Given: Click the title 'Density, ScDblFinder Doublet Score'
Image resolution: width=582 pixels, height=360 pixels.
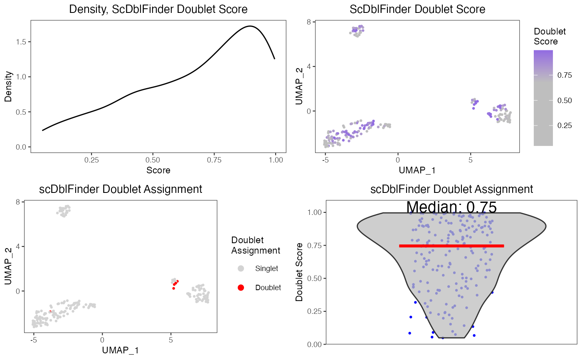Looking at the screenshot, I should (x=158, y=9).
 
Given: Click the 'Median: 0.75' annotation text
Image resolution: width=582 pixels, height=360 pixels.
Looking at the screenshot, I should (x=451, y=207).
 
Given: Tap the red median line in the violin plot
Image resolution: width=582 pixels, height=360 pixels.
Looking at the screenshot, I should (x=451, y=246).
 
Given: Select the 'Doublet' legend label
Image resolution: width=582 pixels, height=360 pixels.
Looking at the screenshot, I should (x=268, y=287).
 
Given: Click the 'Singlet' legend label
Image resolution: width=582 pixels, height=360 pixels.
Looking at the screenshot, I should (x=266, y=269).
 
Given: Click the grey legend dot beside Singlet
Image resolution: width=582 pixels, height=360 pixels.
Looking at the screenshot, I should (x=241, y=269).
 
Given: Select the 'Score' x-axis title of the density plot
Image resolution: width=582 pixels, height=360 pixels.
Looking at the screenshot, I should (x=158, y=170).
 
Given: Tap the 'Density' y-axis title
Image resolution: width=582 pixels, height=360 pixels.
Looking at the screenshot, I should (x=8, y=86).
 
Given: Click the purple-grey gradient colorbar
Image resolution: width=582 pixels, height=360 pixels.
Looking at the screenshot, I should (x=543, y=98).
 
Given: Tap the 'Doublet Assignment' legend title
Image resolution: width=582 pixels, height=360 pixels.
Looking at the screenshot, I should (x=255, y=245).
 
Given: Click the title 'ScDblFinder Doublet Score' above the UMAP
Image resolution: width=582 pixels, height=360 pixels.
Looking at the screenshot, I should (x=417, y=9).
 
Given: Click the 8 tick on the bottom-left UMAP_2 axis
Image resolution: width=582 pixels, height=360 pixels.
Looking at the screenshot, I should (x=18, y=202).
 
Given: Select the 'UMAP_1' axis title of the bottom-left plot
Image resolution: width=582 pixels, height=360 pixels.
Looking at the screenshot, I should (x=120, y=350).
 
